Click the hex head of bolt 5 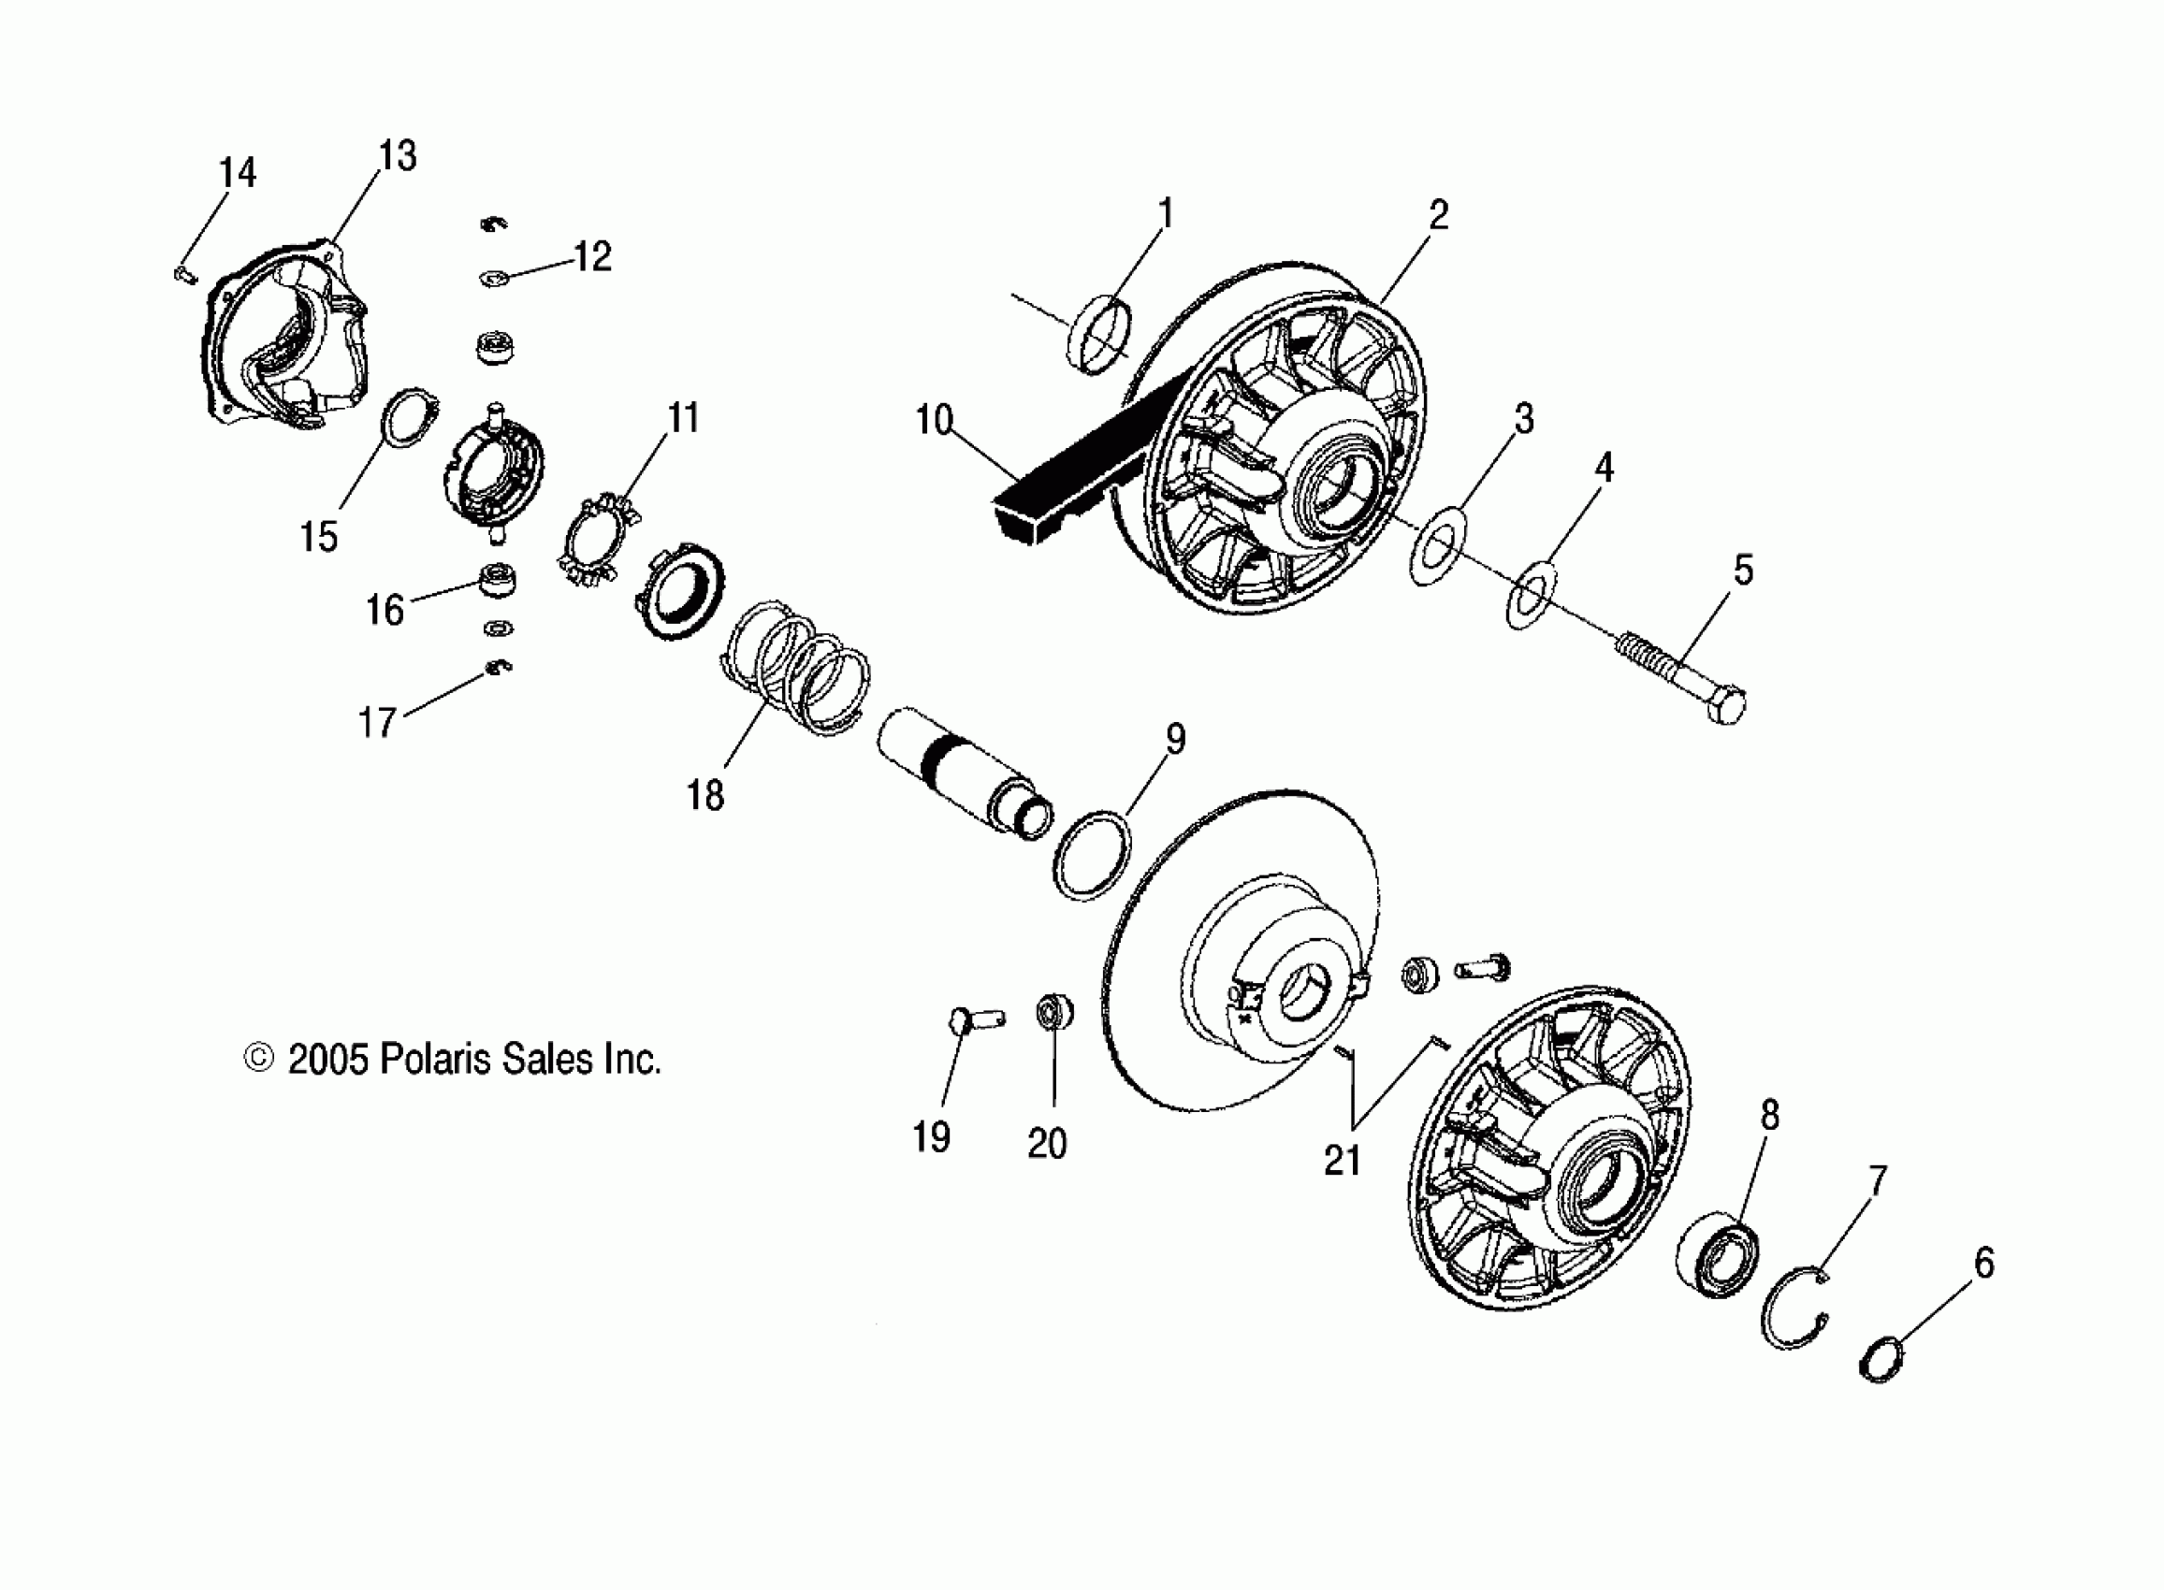tap(1727, 706)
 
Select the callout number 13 tap(398, 156)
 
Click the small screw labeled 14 tap(185, 276)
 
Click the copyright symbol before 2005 tap(258, 1059)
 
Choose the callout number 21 tap(1342, 1161)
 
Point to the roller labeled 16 tap(498, 582)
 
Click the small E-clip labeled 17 tap(498, 666)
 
